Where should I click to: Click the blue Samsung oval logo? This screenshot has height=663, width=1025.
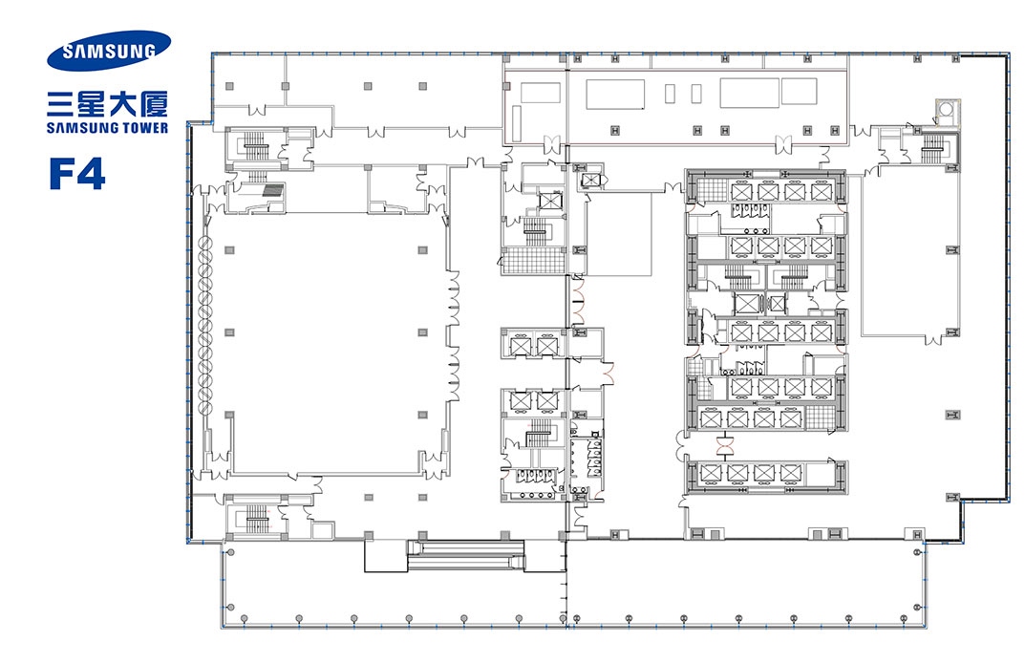click(109, 51)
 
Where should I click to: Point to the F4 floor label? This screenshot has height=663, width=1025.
click(77, 174)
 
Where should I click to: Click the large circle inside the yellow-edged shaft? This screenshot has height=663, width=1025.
click(946, 111)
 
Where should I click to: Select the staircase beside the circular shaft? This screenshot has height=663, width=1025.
click(931, 150)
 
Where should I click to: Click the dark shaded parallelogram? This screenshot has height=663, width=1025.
click(272, 190)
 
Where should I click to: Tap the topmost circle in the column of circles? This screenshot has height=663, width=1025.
click(206, 244)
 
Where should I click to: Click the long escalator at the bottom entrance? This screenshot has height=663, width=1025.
click(465, 555)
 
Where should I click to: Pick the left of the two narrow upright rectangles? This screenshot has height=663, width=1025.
click(670, 94)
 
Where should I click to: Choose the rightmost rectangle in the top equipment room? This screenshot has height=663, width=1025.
click(799, 92)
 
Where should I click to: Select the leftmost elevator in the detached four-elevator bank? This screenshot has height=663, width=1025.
click(710, 473)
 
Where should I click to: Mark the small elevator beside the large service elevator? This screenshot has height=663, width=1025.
click(777, 304)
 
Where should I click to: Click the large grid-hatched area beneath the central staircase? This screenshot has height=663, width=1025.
click(533, 260)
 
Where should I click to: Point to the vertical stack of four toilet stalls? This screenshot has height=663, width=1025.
click(595, 457)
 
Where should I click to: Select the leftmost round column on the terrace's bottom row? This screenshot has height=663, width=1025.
click(244, 618)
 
